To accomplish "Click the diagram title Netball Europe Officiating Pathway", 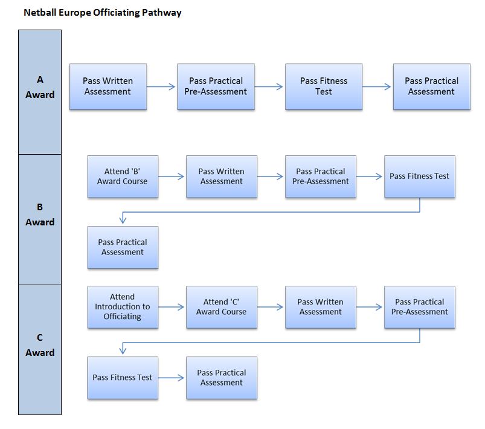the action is tap(103, 13).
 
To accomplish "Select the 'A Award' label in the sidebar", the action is tap(40, 87).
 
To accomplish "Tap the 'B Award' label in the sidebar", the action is tap(40, 214).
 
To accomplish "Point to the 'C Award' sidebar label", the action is tap(40, 345).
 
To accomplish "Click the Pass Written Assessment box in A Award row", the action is tap(108, 86).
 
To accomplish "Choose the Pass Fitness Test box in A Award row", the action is tap(324, 86).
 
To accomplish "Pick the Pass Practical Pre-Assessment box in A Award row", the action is tap(216, 86).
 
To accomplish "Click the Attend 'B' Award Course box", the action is tap(123, 176).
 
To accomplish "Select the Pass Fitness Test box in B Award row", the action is tap(420, 176).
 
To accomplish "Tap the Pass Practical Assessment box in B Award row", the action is tap(123, 247).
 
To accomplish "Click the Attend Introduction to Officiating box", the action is tap(123, 307).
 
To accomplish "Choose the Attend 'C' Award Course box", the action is tap(222, 307).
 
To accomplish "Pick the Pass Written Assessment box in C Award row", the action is tap(321, 307).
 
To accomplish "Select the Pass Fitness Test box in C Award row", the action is tap(123, 378).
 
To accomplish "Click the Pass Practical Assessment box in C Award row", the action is tap(222, 378).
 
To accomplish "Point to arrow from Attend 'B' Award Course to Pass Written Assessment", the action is tap(171, 176).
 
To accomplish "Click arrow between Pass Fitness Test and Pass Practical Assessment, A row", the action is tap(377, 86).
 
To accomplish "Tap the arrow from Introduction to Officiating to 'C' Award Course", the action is tap(171, 307).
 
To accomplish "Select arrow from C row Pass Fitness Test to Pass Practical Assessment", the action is tap(171, 378).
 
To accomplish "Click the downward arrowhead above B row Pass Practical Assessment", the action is tap(123, 220).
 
